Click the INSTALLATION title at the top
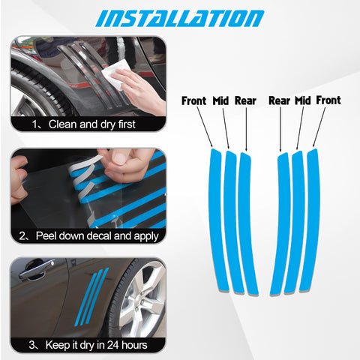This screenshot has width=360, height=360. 179,17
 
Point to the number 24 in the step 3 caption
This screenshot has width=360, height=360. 117,345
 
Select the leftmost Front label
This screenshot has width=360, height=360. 194,100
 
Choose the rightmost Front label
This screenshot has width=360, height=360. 328,100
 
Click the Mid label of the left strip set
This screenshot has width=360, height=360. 221,100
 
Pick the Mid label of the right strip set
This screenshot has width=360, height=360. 302,100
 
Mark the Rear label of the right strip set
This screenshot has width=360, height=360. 279,100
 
